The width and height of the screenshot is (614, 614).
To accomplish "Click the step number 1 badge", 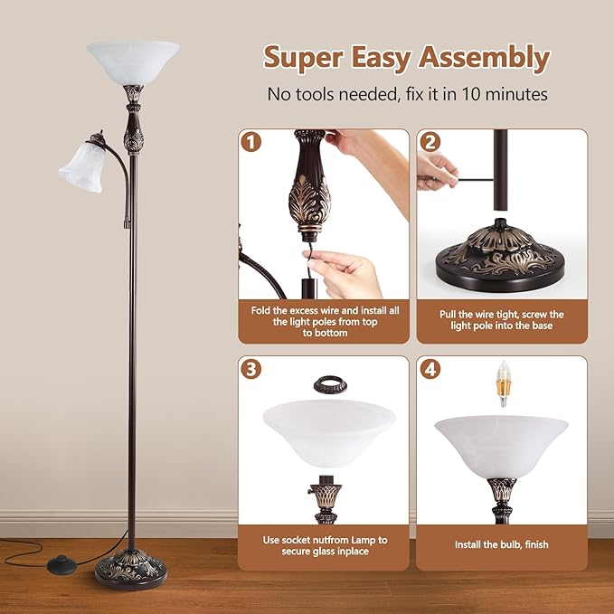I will pyautogui.click(x=249, y=142).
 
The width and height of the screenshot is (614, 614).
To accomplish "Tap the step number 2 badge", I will pyautogui.click(x=430, y=142).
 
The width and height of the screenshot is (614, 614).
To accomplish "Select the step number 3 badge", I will pyautogui.click(x=249, y=368).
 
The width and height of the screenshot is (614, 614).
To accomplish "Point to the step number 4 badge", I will pyautogui.click(x=430, y=368).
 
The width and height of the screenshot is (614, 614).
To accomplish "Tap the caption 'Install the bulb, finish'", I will pyautogui.click(x=501, y=544).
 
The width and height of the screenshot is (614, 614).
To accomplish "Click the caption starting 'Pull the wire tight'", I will pyautogui.click(x=502, y=320).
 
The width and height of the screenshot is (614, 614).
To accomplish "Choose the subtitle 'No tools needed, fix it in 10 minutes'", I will pyautogui.click(x=408, y=94).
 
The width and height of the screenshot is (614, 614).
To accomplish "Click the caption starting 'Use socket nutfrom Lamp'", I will pyautogui.click(x=325, y=545).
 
